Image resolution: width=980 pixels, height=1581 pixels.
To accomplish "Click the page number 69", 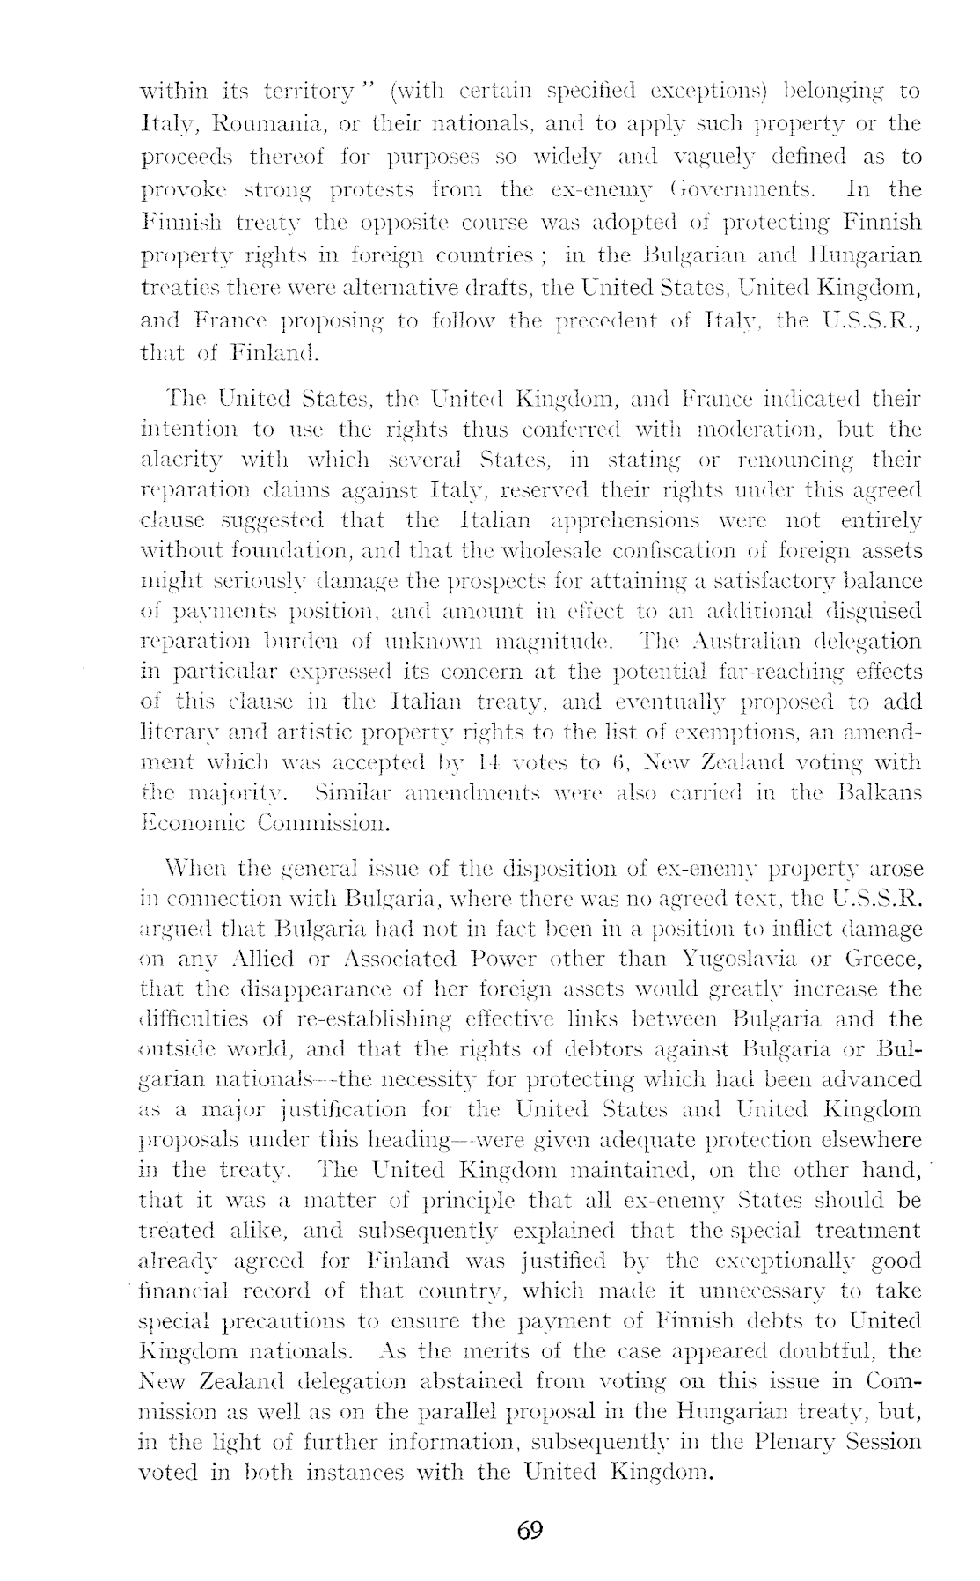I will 530,1529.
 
